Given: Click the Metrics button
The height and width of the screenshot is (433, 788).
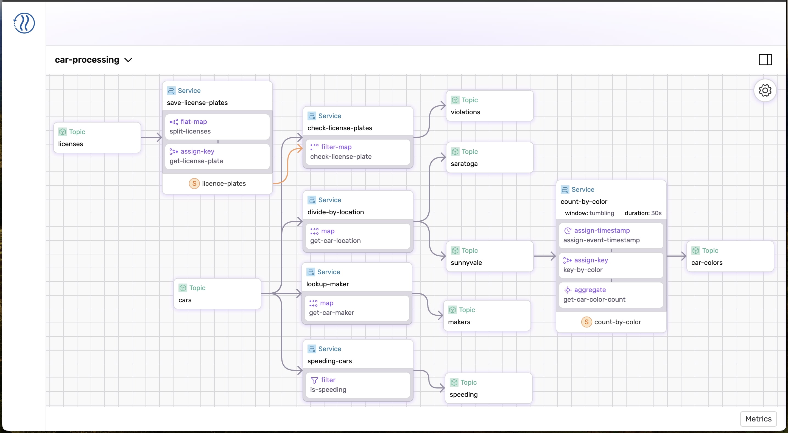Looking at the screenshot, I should tap(758, 419).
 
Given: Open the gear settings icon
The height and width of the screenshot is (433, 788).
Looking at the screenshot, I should tap(765, 91).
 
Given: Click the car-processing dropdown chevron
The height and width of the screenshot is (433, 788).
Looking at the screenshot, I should tap(128, 60).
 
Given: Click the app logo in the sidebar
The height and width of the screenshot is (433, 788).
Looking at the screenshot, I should tap(24, 23).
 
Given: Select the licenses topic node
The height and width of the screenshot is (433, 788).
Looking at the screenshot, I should tap(97, 138).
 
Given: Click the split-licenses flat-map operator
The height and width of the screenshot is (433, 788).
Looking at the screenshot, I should tap(217, 126).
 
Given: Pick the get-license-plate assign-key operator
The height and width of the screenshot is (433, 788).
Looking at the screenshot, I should tap(217, 156).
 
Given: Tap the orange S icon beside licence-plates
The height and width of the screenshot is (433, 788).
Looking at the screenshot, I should tap(194, 184).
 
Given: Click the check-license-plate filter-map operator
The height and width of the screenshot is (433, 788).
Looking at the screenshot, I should tap(357, 152).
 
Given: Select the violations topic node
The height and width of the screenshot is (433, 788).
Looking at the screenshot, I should tap(490, 106).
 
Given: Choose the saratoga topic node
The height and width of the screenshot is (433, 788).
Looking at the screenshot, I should tap(490, 158).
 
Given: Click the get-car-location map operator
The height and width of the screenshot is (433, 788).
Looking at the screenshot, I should tap(357, 236).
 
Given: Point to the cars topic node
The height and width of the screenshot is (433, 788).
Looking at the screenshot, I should tap(217, 294).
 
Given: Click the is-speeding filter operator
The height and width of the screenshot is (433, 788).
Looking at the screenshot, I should tap(357, 385).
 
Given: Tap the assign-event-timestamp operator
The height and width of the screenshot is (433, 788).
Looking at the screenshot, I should tap(611, 235).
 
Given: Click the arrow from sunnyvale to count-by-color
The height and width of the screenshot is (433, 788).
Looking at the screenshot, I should tap(544, 256).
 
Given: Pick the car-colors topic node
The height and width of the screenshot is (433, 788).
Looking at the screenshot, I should tap(730, 256).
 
